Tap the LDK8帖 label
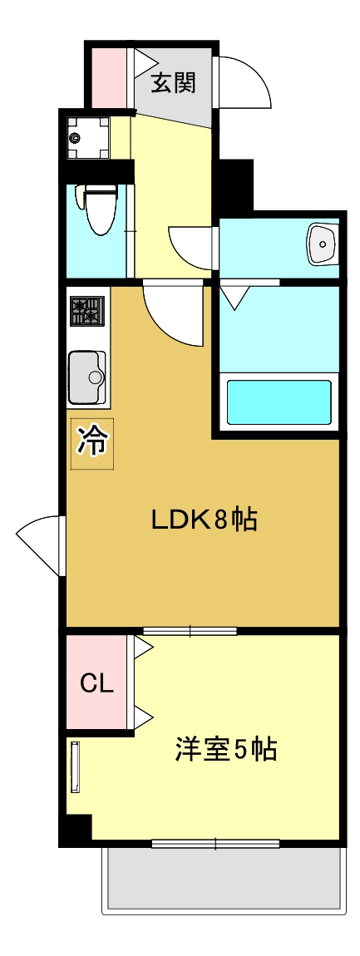(204, 520)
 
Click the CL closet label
(96, 683)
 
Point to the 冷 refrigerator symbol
(91, 442)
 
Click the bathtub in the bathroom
(279, 402)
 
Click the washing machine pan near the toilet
(88, 137)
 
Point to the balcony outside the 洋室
(223, 880)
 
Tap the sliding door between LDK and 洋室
(190, 632)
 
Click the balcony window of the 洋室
(215, 844)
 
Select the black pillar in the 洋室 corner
(78, 829)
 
